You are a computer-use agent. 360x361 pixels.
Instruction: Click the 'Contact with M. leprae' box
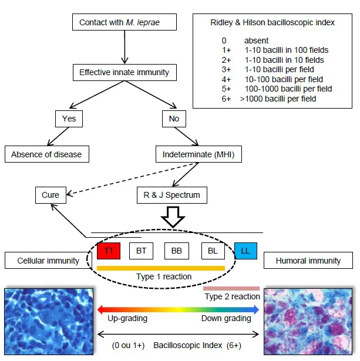tap(124, 23)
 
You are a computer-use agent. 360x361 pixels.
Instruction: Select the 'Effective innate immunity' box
tap(124, 73)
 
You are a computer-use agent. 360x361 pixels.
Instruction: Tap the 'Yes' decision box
tap(69, 119)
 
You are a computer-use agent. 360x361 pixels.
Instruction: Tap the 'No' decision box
tap(174, 119)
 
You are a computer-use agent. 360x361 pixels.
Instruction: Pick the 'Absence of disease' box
tap(46, 155)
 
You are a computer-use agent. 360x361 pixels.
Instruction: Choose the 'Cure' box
tap(51, 195)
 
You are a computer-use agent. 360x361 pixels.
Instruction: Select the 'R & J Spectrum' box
tap(172, 195)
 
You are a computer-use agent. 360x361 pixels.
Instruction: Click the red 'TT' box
tap(109, 251)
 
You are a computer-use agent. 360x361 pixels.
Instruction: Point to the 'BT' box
tap(141, 251)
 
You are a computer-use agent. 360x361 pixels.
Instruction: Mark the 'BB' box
tap(176, 251)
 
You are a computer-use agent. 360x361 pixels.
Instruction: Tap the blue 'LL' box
tap(245, 251)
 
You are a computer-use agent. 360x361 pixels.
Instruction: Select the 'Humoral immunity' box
tap(308, 261)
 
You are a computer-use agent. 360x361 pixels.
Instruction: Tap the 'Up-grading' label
tap(127, 318)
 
